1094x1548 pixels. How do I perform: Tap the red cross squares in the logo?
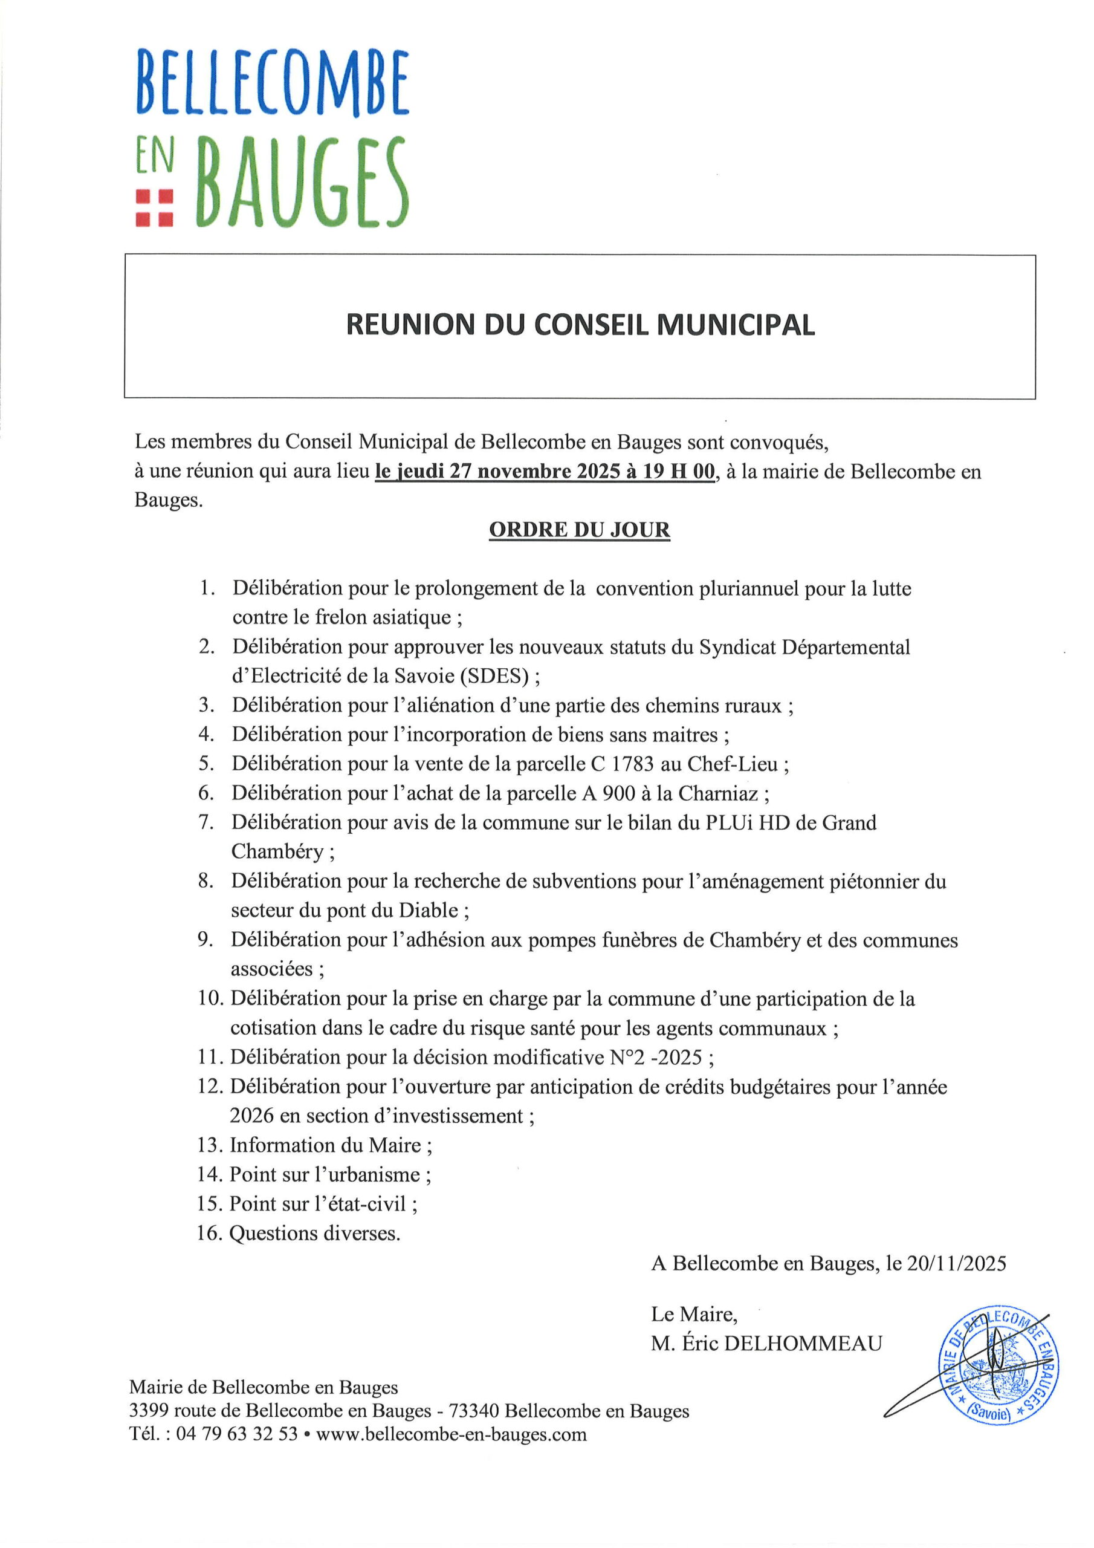(154, 207)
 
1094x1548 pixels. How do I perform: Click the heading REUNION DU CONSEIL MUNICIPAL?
(580, 325)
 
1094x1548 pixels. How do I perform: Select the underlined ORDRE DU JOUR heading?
(580, 530)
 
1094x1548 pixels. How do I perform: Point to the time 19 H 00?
(679, 471)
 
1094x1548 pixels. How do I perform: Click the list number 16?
(210, 1233)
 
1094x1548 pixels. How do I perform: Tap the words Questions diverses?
(315, 1233)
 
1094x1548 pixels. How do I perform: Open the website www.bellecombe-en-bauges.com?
(451, 1433)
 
